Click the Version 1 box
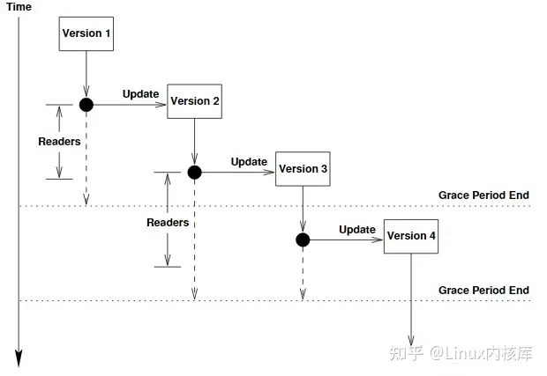point(86,33)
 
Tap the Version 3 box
point(303,168)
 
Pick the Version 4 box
point(411,236)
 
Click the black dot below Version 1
point(86,105)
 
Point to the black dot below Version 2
point(195,172)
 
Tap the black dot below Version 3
point(303,240)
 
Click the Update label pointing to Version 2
point(140,94)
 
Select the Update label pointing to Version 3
point(249,161)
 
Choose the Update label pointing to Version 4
point(357,229)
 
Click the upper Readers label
point(59,142)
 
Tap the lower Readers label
point(168,223)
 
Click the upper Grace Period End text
point(483,195)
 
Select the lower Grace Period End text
point(483,290)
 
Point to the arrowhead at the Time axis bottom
point(18,358)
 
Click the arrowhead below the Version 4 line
point(411,341)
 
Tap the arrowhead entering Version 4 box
point(378,240)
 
